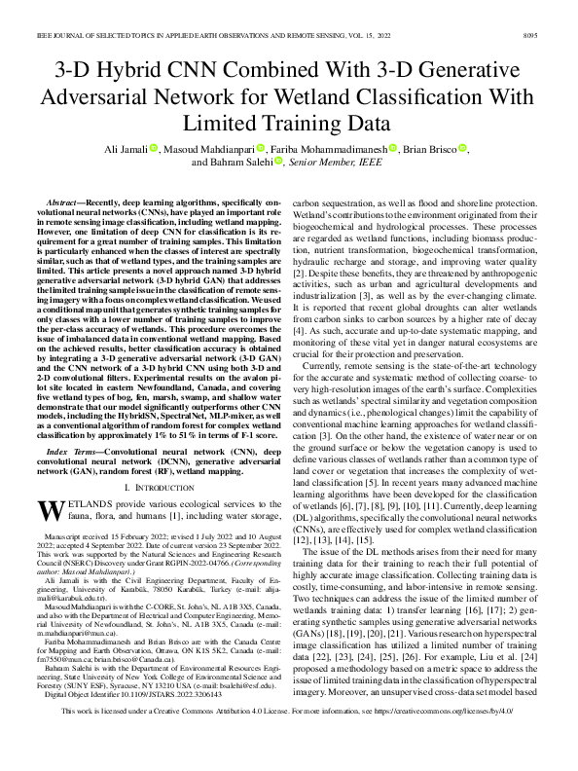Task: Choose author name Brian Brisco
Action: pos(429,148)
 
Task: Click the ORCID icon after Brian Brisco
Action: pos(462,148)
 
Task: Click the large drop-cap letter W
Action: pos(51,511)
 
